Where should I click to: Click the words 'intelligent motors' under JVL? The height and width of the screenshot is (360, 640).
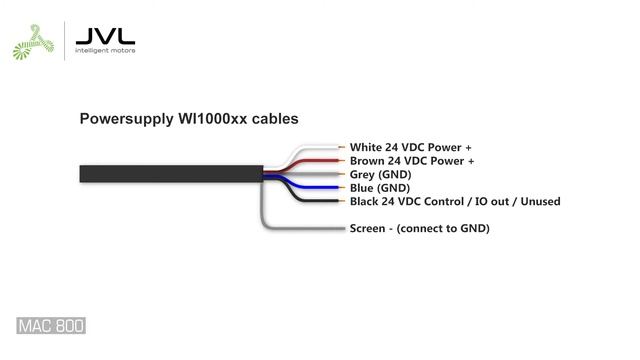coord(105,50)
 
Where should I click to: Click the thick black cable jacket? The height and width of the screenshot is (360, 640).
coord(170,174)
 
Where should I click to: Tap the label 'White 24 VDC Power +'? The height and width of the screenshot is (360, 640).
coord(410,147)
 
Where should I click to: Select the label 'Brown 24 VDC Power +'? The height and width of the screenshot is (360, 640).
coord(411,161)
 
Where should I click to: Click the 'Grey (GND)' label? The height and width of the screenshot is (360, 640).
coord(379,174)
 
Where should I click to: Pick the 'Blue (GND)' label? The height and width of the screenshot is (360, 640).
coord(379,188)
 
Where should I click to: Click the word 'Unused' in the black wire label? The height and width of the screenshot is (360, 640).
coord(538,201)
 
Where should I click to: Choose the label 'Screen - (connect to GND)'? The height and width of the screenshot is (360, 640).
coord(419,229)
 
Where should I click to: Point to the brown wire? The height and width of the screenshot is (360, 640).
coord(315,160)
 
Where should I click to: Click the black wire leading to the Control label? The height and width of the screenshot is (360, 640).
coord(320,201)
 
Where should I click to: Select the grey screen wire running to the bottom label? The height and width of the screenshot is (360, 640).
coord(300,228)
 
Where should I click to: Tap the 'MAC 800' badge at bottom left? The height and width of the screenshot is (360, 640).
coord(51,326)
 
